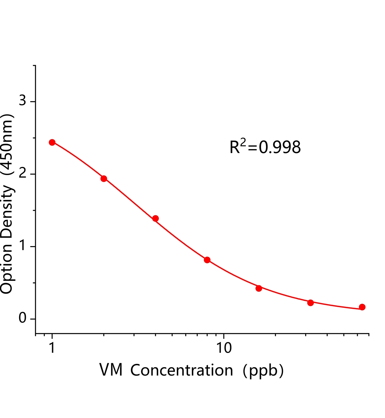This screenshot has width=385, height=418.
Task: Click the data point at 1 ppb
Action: point(52,142)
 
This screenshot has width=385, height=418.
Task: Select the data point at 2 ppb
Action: point(104,179)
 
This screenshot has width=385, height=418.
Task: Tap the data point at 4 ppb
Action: point(155,218)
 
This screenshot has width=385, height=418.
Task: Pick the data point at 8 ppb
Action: point(207,260)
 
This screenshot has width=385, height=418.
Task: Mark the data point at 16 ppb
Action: point(259,288)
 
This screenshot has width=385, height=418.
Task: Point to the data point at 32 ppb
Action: point(310,303)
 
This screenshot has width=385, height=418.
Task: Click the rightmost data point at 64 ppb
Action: point(362,307)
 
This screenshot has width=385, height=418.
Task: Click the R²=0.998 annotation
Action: point(265,147)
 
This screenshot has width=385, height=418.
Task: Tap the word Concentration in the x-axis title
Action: point(182,370)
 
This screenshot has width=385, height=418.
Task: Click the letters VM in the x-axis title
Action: point(111,370)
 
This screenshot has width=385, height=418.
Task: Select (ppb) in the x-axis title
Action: point(263,371)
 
